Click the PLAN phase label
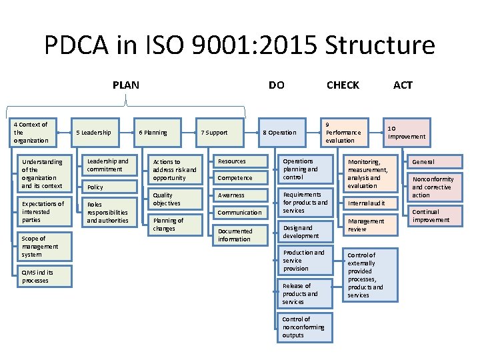pos(126,85)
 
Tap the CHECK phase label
pos(343,85)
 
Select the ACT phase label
pos(403,85)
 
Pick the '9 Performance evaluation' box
pos(345,132)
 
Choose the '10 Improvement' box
pos(406,132)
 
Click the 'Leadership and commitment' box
pos(108,165)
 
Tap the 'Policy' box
pos(108,187)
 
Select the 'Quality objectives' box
pos(175,199)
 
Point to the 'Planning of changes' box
pos(175,225)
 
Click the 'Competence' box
pos(239,178)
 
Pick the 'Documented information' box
pos(239,235)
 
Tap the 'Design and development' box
pos(305,232)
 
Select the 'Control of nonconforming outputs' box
pos(305,327)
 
